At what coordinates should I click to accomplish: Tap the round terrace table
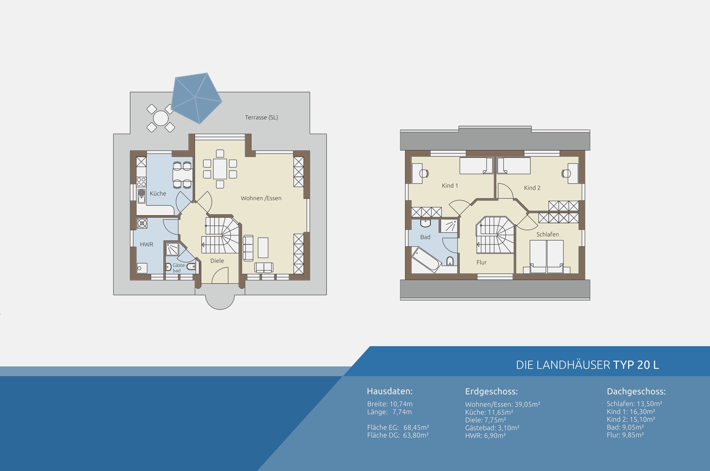(160, 118)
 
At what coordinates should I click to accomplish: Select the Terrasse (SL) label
(261, 117)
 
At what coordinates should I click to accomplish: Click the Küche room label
(158, 193)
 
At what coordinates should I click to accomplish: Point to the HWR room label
(147, 244)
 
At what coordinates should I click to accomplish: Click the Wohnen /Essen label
(261, 198)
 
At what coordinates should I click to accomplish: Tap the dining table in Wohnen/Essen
(220, 169)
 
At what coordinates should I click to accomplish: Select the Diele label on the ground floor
(217, 261)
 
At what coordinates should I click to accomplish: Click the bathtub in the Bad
(426, 260)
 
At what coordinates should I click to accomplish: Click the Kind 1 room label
(450, 185)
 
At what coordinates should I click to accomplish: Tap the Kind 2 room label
(532, 188)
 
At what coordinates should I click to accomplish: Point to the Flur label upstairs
(481, 262)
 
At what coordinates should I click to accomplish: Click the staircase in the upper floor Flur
(495, 235)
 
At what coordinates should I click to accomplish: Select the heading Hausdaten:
(390, 391)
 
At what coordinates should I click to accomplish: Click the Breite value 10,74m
(401, 404)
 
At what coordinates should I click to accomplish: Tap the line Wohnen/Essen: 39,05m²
(503, 404)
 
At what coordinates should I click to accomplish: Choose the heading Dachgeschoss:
(636, 391)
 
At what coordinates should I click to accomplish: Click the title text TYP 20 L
(636, 365)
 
